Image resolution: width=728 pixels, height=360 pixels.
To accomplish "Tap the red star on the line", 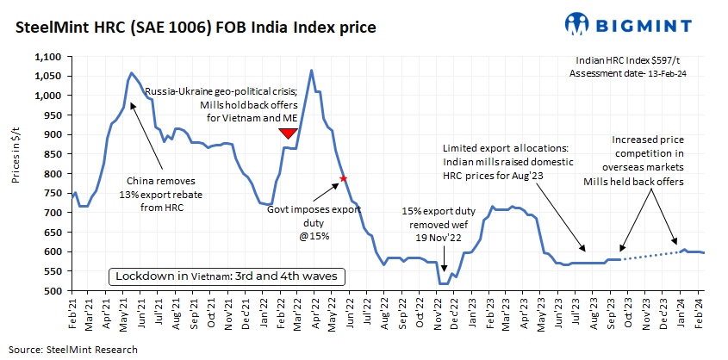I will coord(344,178).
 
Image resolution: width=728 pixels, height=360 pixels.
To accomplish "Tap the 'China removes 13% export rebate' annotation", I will coord(161,194).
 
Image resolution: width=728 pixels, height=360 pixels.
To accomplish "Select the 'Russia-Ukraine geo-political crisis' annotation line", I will coord(221,90).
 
